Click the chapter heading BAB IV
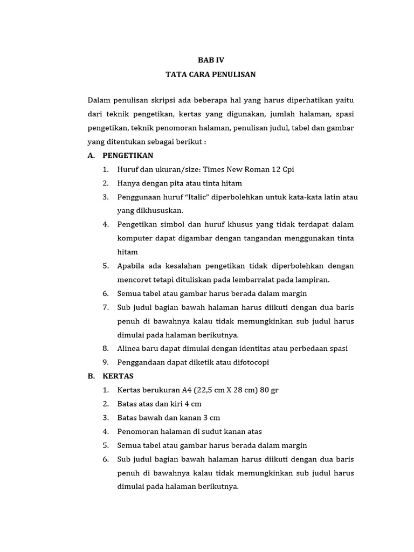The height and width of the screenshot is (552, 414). point(211,60)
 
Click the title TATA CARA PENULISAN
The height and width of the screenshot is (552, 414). point(211,74)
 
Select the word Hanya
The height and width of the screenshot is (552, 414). point(128,183)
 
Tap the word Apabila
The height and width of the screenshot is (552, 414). point(132,266)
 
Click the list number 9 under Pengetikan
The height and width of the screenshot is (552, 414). point(105,362)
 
